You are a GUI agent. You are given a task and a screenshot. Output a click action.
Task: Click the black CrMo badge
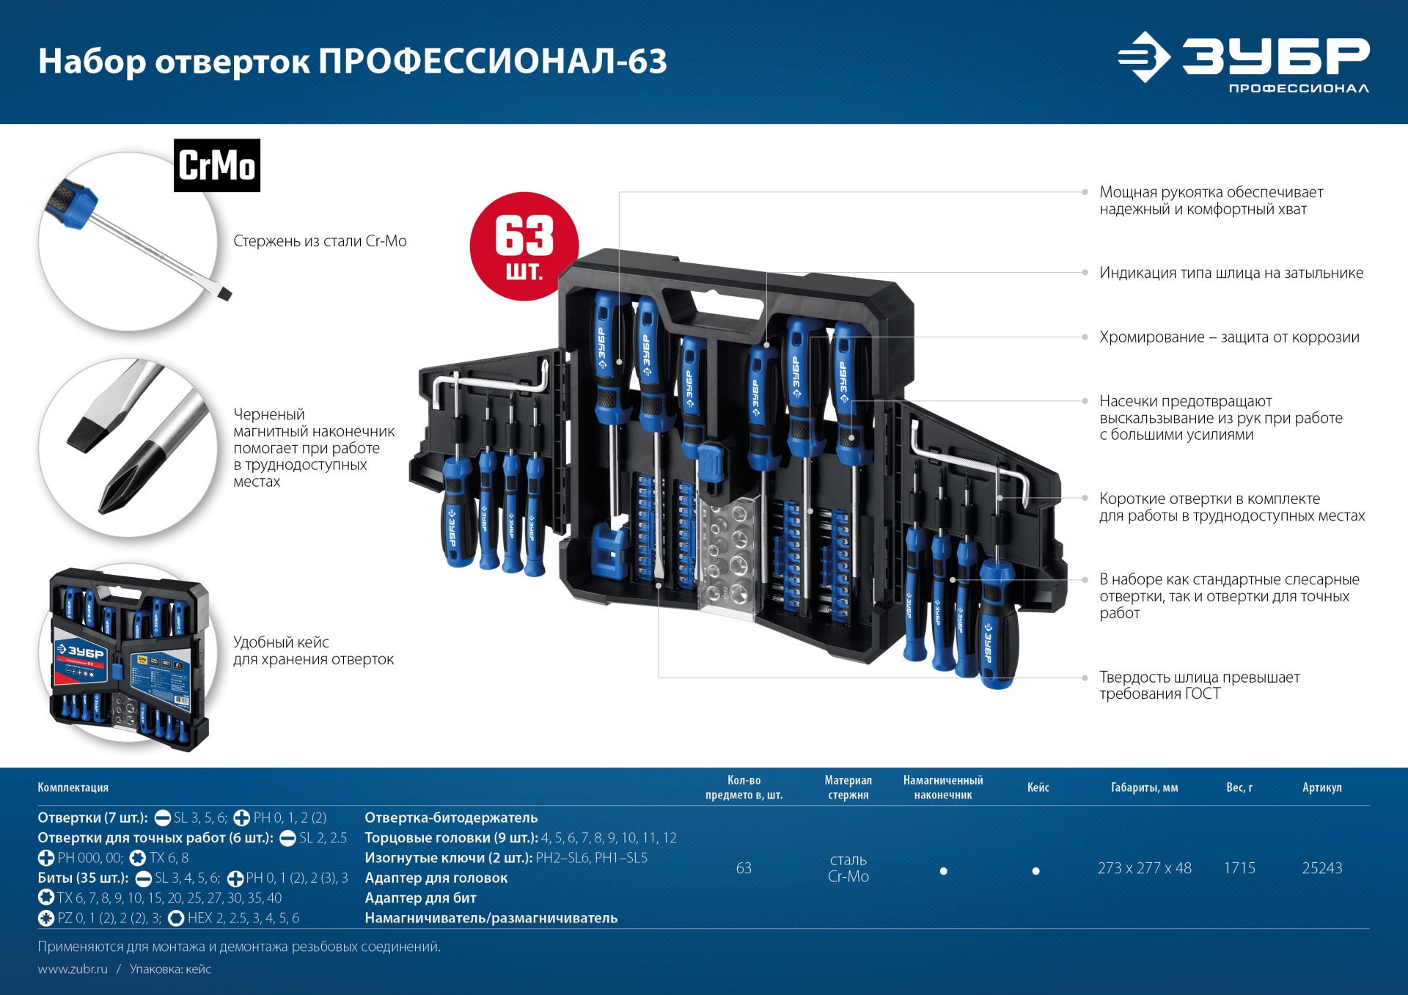point(216,166)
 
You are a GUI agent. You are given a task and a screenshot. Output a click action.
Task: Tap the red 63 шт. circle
point(524,247)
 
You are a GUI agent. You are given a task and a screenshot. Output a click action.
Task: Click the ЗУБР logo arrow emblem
point(1143,57)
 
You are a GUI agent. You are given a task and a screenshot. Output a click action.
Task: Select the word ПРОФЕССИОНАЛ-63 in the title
point(492,62)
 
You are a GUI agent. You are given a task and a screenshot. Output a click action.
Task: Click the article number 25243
point(1321,868)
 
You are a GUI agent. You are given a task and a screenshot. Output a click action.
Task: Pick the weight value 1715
point(1239,868)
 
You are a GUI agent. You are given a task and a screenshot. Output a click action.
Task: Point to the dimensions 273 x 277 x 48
point(1144,868)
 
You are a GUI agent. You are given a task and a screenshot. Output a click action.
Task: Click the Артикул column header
point(1321,787)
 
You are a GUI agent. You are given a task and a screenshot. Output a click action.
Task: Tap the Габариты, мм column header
point(1144,787)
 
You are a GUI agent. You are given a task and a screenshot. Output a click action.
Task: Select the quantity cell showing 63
point(744,868)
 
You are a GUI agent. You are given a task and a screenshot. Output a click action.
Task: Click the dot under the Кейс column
point(1035,871)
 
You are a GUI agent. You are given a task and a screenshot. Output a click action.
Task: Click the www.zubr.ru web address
point(73,969)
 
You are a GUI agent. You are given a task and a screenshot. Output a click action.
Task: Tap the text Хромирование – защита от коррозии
point(1229,337)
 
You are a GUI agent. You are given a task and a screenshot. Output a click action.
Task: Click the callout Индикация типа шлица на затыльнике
point(1231,273)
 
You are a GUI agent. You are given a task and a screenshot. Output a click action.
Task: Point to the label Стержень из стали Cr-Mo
point(320,241)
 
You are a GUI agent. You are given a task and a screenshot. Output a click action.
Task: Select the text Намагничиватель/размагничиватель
point(491,918)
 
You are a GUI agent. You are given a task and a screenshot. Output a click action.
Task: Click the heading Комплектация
point(73,787)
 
